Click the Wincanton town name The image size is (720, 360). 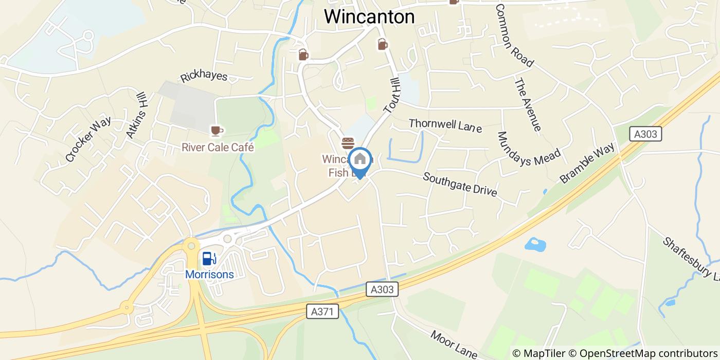(x=369, y=17)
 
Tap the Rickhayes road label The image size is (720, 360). (x=204, y=77)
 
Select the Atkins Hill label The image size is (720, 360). (x=137, y=115)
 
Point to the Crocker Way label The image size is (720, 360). (x=88, y=139)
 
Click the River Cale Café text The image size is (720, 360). (x=218, y=148)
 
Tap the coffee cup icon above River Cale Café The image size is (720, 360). (x=217, y=131)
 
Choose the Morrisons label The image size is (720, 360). (x=209, y=275)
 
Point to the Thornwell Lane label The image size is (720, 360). (x=445, y=125)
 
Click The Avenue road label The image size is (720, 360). (x=528, y=104)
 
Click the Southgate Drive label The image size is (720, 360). (x=460, y=184)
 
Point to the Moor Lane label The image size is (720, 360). (x=454, y=344)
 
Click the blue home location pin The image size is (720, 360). (x=360, y=160)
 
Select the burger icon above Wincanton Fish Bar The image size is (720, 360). (x=348, y=142)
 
